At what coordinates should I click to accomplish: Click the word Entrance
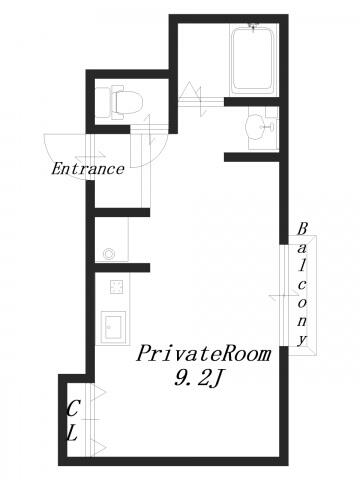88,169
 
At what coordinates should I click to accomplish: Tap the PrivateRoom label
203,354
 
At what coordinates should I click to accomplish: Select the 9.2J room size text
197,378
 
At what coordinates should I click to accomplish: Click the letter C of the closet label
73,409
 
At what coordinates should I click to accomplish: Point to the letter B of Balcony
302,229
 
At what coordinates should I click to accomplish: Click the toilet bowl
127,102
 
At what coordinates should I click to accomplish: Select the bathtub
253,59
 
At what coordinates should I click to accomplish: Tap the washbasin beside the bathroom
256,126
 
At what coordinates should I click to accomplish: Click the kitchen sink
113,327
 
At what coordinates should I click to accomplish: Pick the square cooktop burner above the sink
117,287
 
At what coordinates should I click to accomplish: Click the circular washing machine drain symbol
109,254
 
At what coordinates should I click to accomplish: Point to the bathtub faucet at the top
253,27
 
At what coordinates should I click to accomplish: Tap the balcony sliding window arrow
283,295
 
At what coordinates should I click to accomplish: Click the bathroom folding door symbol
194,98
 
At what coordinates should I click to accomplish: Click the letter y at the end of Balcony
302,340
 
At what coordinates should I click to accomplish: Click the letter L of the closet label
72,434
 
